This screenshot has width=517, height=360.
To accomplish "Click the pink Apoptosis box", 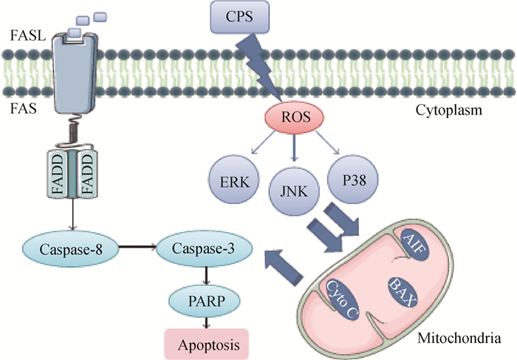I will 205,343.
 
